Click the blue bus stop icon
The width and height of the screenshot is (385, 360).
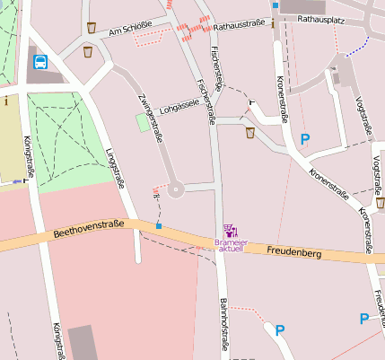[x=40, y=62]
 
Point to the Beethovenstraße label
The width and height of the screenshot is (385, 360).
[x=89, y=231]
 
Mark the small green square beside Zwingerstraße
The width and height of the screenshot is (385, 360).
[x=143, y=123]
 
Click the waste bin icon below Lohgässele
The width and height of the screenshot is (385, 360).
[x=249, y=133]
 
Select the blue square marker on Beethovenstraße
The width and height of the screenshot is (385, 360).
[x=159, y=226]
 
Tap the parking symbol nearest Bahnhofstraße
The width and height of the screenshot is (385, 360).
[x=279, y=330]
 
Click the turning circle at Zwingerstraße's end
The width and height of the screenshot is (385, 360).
[x=174, y=189]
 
